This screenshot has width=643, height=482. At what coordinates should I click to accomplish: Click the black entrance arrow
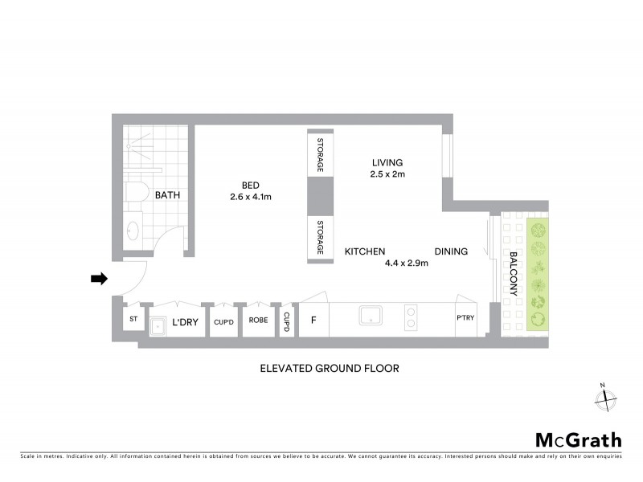(x=99, y=279)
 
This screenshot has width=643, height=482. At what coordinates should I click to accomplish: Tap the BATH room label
(x=166, y=195)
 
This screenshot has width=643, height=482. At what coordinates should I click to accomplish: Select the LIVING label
(x=387, y=162)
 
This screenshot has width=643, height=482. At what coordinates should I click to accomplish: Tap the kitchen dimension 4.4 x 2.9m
(x=407, y=263)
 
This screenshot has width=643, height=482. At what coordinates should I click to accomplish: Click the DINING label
(x=451, y=251)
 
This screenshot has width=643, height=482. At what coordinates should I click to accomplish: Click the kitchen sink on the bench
(x=371, y=315)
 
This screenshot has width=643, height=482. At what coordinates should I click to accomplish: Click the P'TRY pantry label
(x=466, y=318)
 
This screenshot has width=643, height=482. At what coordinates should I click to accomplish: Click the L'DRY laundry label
(x=186, y=323)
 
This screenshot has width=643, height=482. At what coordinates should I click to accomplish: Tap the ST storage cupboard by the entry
(x=133, y=319)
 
